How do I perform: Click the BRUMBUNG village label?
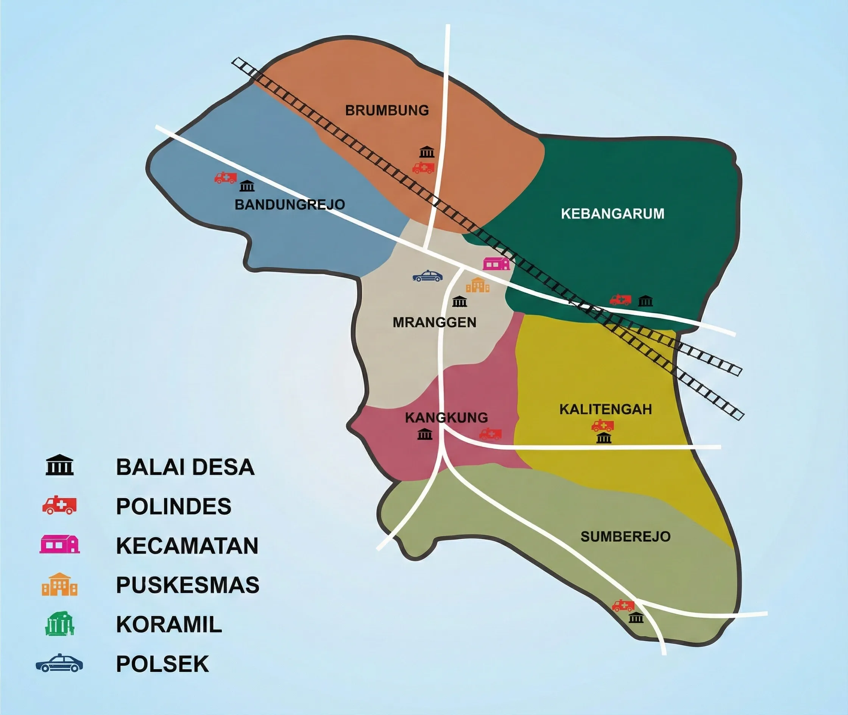(x=387, y=110)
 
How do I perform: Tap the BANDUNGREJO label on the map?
(x=290, y=204)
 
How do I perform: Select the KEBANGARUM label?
(x=613, y=214)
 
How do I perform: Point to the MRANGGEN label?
(x=434, y=322)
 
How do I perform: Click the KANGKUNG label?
(x=446, y=417)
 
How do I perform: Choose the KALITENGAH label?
(x=606, y=409)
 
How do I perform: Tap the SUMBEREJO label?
(x=625, y=537)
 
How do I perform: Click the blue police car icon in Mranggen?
(x=427, y=276)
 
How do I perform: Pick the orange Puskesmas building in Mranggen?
(x=478, y=285)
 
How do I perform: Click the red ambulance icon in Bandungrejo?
(x=225, y=178)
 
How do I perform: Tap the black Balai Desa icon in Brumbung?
(x=427, y=152)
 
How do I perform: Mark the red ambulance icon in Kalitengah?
(x=602, y=426)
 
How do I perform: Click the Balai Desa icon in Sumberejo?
(x=636, y=618)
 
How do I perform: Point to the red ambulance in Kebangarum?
(x=620, y=300)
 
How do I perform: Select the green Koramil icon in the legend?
(x=59, y=624)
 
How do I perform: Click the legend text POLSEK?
(x=162, y=664)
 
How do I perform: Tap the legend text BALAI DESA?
(x=185, y=467)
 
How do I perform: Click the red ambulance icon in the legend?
(x=59, y=506)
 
